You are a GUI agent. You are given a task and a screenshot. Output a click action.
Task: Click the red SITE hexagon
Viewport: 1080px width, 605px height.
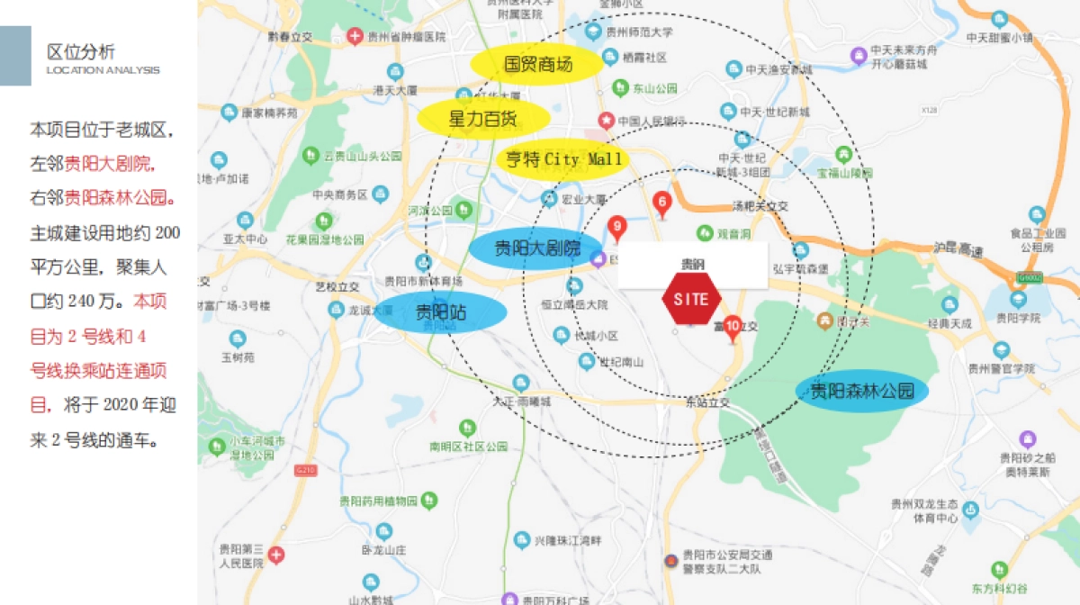(x=691, y=300)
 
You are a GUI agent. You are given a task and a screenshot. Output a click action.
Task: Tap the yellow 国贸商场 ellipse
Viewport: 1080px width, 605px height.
(x=537, y=64)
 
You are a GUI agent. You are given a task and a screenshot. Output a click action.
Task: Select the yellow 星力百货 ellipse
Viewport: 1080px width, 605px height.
(x=482, y=118)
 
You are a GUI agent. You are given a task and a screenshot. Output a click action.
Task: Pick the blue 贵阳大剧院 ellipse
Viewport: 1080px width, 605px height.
(x=536, y=248)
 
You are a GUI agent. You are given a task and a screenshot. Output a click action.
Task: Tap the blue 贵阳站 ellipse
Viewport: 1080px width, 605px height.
(x=440, y=312)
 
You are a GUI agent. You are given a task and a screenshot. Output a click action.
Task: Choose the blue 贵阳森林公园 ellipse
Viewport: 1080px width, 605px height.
(x=862, y=391)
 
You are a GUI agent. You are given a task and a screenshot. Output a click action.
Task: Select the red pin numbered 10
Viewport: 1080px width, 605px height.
(x=732, y=326)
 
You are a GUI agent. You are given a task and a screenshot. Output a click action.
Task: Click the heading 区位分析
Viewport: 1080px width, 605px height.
(x=81, y=51)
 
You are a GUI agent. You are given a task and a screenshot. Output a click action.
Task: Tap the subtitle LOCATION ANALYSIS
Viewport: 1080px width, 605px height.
(x=103, y=70)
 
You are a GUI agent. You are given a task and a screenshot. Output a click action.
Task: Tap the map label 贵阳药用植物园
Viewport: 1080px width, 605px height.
(x=385, y=501)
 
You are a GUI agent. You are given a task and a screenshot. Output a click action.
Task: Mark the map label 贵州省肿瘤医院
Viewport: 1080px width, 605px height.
(x=406, y=37)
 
